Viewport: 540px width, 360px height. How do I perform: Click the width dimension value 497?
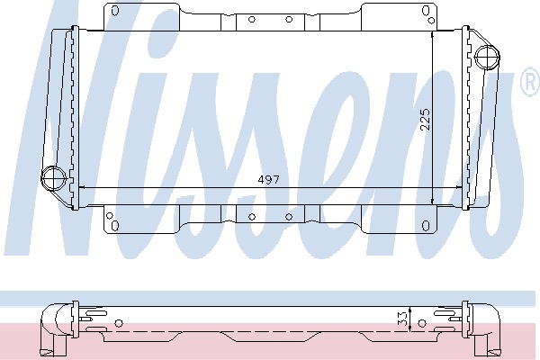pyautogui.click(x=268, y=180)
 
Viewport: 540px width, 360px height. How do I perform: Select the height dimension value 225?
pyautogui.click(x=426, y=120)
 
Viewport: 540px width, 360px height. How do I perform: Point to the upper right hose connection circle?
pyautogui.click(x=487, y=58)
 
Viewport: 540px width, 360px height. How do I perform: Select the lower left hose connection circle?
pyautogui.click(x=53, y=178)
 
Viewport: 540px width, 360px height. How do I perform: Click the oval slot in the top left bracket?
pyautogui.click(x=115, y=11)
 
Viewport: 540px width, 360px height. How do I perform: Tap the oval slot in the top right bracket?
pyautogui.click(x=426, y=11)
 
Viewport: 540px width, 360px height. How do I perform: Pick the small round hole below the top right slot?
pyautogui.click(x=431, y=21)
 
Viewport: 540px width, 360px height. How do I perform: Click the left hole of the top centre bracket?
pyautogui.click(x=252, y=19)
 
